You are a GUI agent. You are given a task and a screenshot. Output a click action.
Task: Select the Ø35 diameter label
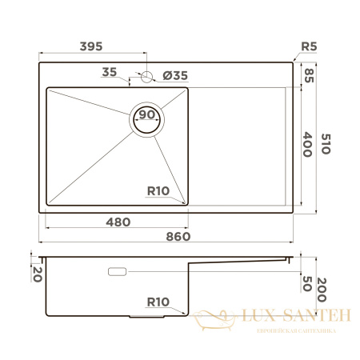(x=174, y=76)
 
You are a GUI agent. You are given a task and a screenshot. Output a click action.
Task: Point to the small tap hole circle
(x=146, y=78)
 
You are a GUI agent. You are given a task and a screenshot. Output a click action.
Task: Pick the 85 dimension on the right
(x=309, y=76)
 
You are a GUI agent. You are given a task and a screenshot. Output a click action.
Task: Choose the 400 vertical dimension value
(x=309, y=144)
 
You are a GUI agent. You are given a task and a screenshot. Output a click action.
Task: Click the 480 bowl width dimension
(x=118, y=221)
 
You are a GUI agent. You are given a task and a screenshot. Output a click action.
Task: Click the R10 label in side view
(x=158, y=302)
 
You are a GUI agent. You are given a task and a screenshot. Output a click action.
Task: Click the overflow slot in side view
(x=117, y=271)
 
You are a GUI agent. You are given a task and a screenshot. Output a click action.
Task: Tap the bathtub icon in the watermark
(x=216, y=321)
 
